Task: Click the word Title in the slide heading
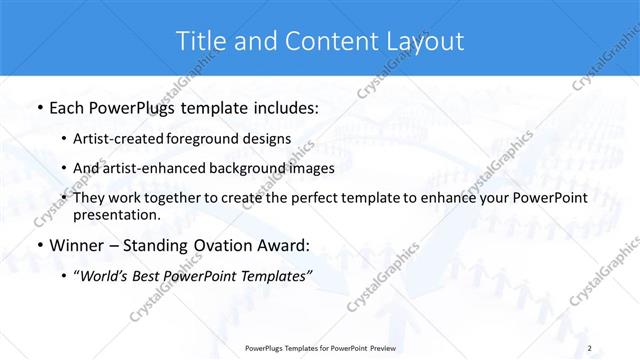click(201, 41)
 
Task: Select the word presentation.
click(116, 215)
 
